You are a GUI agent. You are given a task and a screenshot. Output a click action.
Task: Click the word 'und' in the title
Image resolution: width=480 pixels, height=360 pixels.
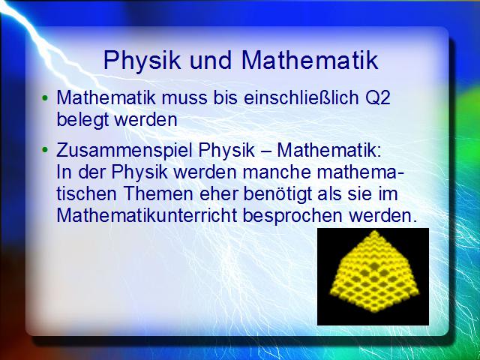tap(210, 60)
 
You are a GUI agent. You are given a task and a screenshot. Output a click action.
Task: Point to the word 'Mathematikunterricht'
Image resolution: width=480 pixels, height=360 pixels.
tap(147, 215)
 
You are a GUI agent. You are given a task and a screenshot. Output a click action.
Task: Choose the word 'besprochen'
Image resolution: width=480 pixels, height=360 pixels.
tap(292, 217)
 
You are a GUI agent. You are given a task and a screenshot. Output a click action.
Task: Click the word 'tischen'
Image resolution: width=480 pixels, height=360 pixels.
tap(86, 193)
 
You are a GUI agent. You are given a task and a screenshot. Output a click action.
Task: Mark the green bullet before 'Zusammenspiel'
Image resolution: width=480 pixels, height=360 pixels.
tap(45, 151)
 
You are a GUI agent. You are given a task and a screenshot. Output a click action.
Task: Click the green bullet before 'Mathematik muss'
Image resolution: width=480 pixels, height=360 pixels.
tap(45, 98)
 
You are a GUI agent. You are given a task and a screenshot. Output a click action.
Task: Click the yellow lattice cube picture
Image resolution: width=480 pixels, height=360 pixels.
tap(373, 277)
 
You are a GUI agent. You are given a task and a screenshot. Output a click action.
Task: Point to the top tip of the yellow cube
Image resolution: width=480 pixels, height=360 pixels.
tap(373, 232)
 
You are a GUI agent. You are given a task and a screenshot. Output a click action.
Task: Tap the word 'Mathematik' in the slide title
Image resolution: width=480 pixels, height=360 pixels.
tap(310, 60)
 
